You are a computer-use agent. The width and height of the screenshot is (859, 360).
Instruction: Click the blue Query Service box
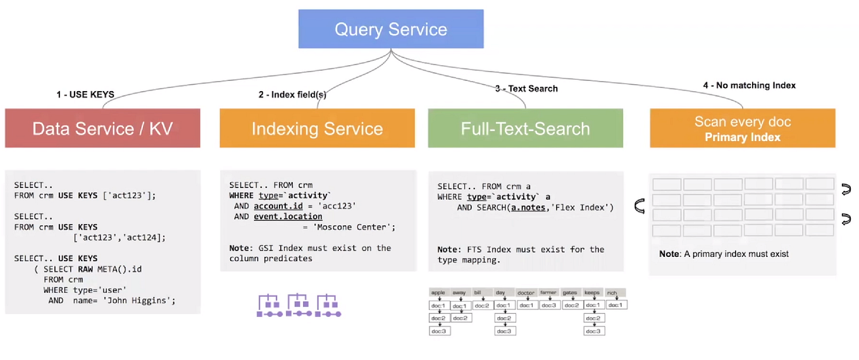point(391,29)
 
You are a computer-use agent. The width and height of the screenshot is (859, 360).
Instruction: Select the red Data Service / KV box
point(102,128)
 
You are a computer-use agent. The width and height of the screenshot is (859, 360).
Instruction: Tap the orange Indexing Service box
point(317,128)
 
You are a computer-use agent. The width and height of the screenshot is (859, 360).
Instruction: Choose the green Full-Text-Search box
point(525,128)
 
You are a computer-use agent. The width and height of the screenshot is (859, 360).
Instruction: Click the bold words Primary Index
point(743,137)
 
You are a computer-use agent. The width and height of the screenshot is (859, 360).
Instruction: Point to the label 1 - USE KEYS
point(85,95)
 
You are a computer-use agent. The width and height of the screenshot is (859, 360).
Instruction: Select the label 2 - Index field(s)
point(292,95)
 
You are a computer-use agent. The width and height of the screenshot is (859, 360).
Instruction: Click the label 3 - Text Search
point(526,89)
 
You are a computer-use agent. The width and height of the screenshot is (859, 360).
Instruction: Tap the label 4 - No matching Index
point(749,85)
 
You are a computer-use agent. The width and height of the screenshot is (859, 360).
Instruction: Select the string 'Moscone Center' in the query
point(354,227)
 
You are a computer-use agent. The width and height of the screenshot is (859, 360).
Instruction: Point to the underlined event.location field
point(288,216)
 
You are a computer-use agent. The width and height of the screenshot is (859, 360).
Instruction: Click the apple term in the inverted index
point(438,293)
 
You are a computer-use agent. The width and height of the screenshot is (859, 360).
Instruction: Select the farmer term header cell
point(548,293)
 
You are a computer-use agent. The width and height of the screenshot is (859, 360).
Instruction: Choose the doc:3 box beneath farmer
point(548,305)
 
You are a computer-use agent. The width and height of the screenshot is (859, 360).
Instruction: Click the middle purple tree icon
point(299,305)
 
